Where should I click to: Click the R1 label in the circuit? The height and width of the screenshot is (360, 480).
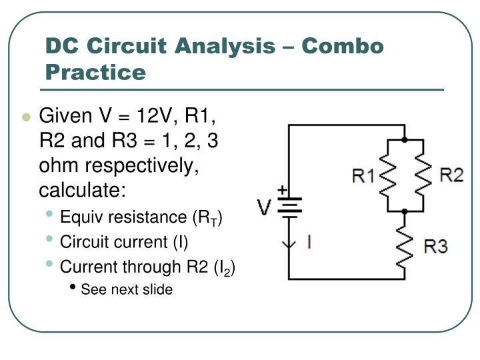364,176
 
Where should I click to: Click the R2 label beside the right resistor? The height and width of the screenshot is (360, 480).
451,175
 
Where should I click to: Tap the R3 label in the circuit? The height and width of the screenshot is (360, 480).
435,247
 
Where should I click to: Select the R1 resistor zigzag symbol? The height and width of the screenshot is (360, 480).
388,175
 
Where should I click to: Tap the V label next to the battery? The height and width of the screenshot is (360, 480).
265,208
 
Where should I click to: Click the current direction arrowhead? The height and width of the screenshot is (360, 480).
289,244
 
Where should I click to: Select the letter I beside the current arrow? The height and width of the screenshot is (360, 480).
308,241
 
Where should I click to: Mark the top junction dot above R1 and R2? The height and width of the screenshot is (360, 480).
405,140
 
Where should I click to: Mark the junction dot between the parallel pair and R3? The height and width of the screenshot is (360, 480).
405,211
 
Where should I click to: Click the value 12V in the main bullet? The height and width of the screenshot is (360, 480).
155,116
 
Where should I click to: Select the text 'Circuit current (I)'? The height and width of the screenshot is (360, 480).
124,241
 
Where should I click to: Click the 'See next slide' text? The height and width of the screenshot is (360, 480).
126,289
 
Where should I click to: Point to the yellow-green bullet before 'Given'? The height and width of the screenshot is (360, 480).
26,117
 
